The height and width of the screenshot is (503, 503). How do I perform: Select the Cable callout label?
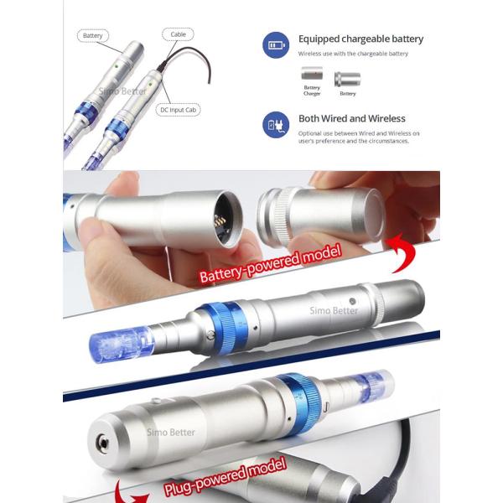[x=178, y=35]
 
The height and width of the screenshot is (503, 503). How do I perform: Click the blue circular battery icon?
[x=277, y=44]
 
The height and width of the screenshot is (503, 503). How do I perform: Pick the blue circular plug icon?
[x=277, y=123]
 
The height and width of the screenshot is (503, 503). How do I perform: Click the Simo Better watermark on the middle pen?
[x=334, y=311]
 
